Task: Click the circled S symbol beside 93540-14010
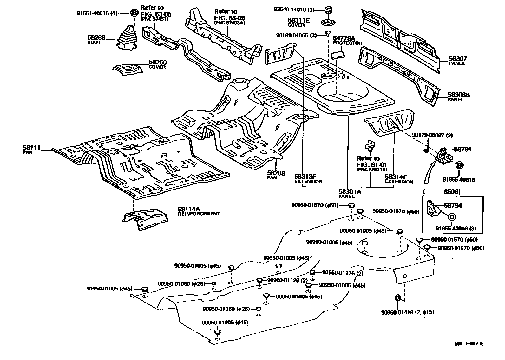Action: click(x=328, y=10)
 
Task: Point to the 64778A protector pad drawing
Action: click(x=338, y=55)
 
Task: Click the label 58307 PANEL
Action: click(x=457, y=60)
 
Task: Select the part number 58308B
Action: click(x=458, y=95)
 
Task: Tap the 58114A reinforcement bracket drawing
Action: click(x=145, y=218)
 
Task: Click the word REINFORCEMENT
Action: click(x=199, y=214)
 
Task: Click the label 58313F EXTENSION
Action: click(x=308, y=179)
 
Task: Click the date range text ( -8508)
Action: click(x=441, y=192)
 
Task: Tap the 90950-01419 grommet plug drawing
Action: click(x=397, y=298)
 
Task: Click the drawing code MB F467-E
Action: click(x=469, y=343)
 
